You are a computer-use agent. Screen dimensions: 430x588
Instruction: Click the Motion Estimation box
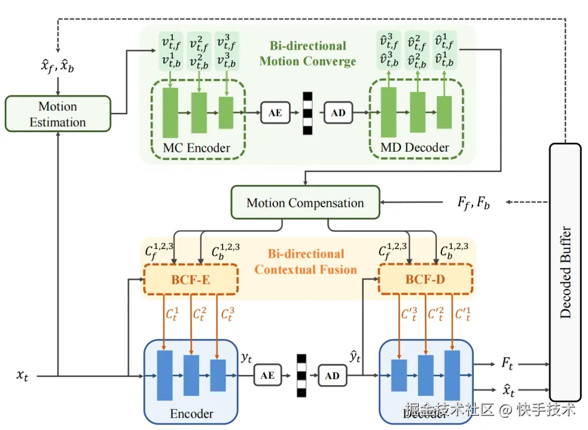(x=57, y=114)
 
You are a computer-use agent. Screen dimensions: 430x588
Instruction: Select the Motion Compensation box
(x=305, y=203)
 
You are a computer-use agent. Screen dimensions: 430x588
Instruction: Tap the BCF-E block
(x=191, y=279)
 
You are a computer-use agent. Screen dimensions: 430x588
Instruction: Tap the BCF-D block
(x=425, y=279)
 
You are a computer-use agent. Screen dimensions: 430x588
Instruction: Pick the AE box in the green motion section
(x=275, y=112)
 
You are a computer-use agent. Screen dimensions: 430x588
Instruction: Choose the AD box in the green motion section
(x=339, y=112)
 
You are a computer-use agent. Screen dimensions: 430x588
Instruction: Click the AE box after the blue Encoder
(x=267, y=375)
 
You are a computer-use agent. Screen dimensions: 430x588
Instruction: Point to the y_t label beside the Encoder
(x=246, y=357)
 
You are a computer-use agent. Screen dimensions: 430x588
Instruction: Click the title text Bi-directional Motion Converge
(x=307, y=54)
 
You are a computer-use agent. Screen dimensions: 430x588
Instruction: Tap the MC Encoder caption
(x=196, y=148)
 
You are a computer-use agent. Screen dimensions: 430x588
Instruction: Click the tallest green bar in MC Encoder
(x=170, y=112)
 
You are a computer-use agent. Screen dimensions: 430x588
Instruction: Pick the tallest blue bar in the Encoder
(x=164, y=375)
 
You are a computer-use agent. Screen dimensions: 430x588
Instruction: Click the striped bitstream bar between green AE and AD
(x=307, y=112)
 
